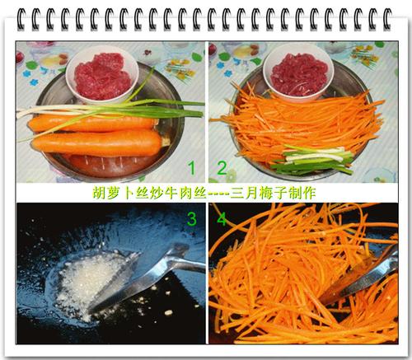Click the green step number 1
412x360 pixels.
[192, 168]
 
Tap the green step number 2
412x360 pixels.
[222, 168]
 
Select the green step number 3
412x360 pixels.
[192, 218]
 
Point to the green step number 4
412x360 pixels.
[222, 218]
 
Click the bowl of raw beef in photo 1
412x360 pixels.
[102, 75]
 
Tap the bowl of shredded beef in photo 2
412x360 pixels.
[298, 73]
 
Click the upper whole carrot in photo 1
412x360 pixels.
[93, 124]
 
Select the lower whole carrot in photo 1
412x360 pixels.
[98, 143]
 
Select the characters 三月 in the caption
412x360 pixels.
[244, 193]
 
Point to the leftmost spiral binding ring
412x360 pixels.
[21, 19]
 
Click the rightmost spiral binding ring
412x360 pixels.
[387, 19]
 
